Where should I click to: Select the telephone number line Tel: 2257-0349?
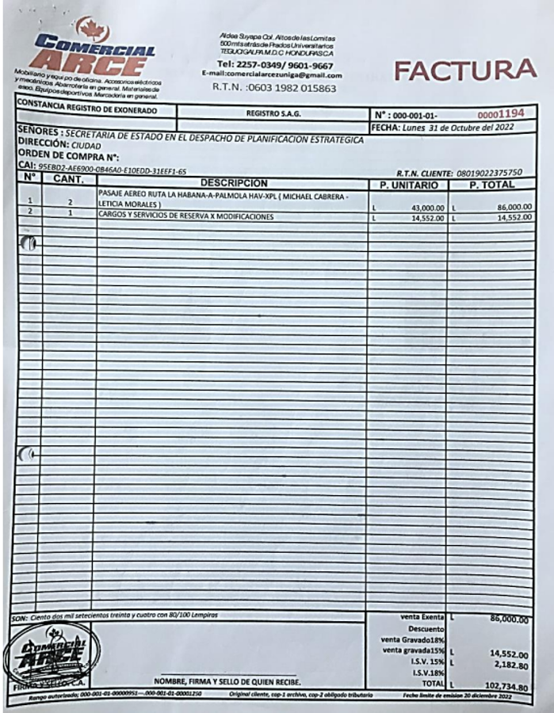(x=274, y=65)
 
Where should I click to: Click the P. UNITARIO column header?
(x=405, y=185)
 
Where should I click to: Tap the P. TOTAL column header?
(x=491, y=185)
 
